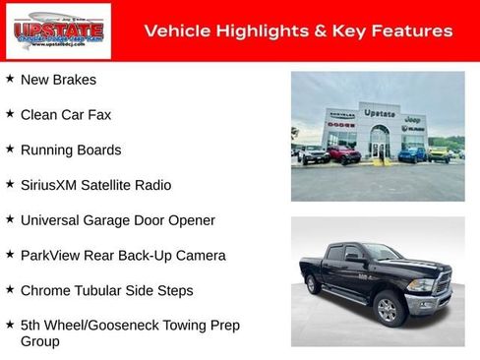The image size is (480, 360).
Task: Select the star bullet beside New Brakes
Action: coord(10,79)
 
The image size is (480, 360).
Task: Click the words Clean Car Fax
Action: coord(66,114)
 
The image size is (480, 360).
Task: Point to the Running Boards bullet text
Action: coord(71,150)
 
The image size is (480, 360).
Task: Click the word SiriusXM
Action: coord(53,185)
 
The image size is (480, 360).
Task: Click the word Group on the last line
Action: coord(40,341)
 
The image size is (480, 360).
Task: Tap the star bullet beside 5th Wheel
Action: coord(10,324)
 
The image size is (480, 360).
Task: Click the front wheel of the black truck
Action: coord(388,310)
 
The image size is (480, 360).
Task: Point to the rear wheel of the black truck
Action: coord(313,284)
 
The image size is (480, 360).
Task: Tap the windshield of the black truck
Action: coord(383,252)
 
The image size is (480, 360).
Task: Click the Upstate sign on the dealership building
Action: coord(380,113)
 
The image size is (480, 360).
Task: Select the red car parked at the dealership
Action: coord(344,153)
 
